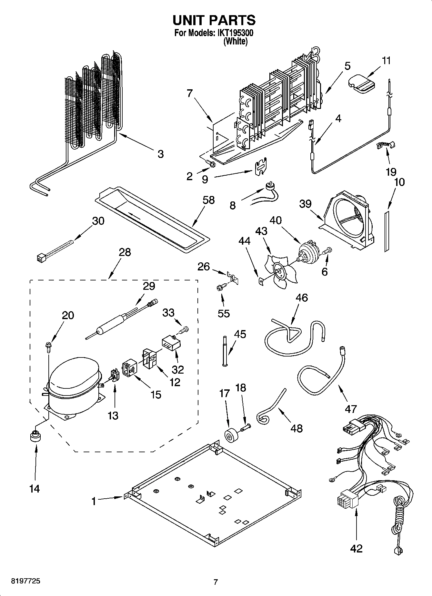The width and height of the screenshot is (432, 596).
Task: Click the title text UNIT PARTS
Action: (x=214, y=20)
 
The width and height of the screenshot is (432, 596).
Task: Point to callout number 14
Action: (x=34, y=489)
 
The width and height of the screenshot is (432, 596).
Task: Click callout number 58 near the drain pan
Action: (x=208, y=200)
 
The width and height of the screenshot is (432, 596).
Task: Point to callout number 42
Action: (x=356, y=548)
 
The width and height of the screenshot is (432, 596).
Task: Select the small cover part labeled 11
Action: (x=362, y=83)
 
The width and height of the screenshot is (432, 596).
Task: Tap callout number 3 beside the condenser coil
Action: (x=161, y=154)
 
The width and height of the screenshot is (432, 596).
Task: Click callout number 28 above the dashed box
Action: (x=125, y=252)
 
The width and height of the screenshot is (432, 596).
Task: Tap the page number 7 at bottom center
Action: (x=216, y=582)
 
